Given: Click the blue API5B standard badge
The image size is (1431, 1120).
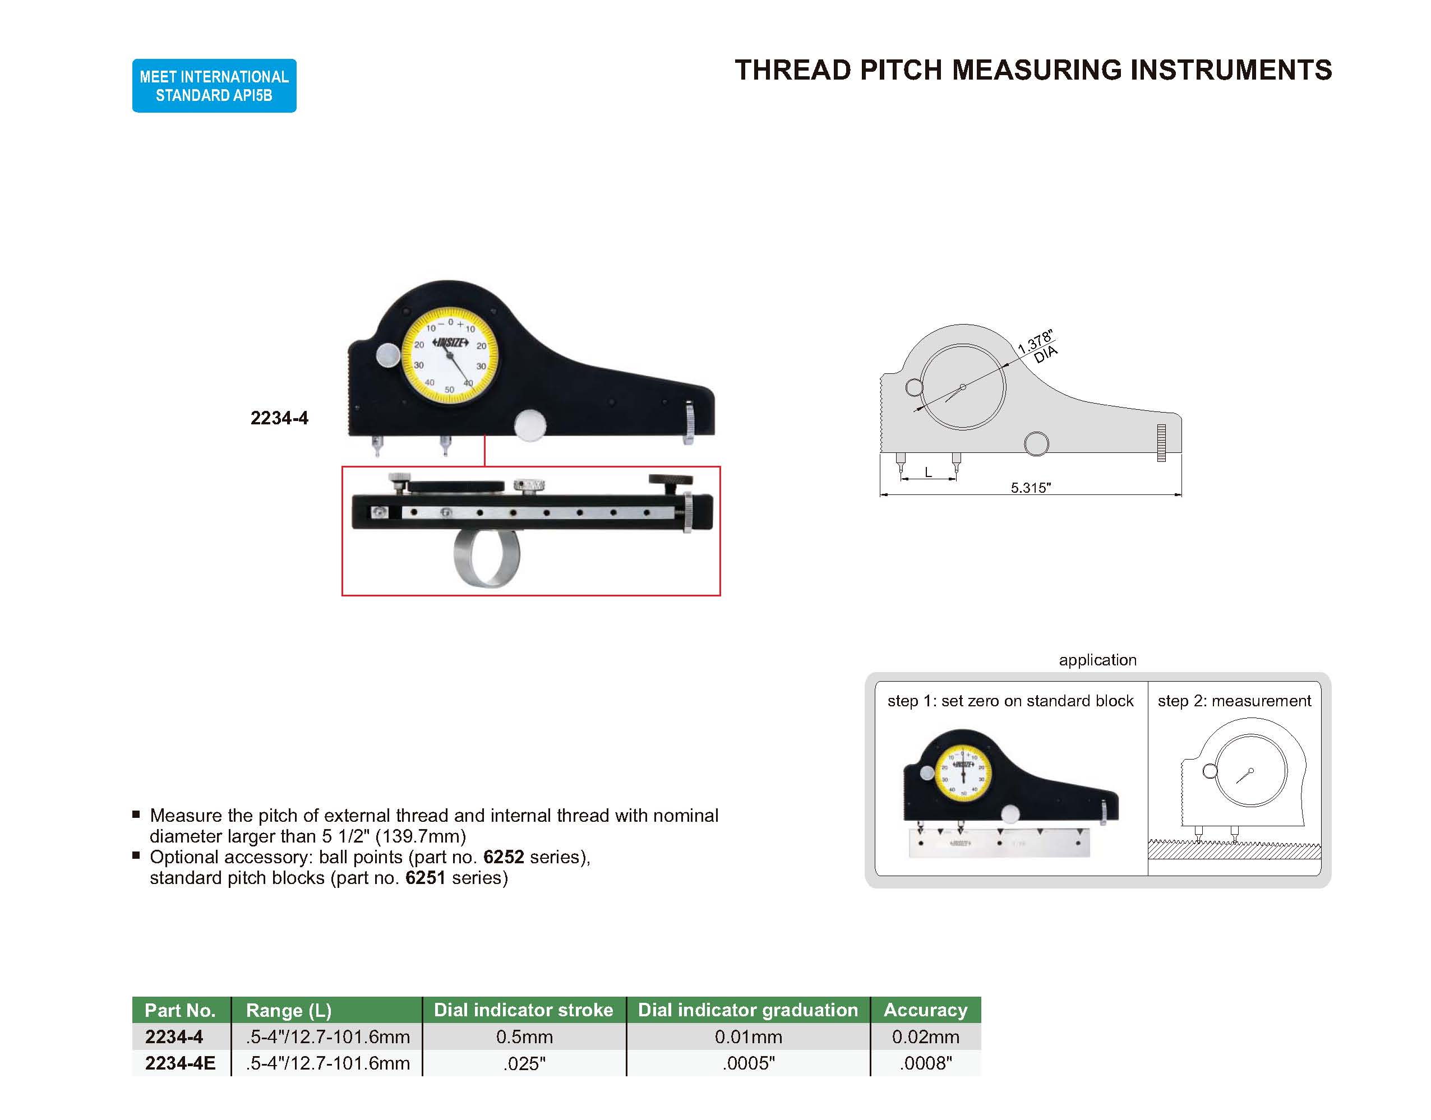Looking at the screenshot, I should [214, 86].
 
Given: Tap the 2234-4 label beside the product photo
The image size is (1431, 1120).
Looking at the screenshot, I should [279, 418].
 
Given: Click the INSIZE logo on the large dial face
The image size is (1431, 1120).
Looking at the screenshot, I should [450, 343].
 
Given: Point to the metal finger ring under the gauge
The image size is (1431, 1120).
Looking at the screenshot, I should [486, 559].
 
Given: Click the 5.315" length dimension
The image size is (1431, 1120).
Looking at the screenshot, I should [1030, 488].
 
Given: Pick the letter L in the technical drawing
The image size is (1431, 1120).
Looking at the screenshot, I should [928, 472].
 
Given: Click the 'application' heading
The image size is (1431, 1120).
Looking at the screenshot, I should [1097, 660].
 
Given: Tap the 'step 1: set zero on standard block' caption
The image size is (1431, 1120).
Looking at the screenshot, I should [1010, 701].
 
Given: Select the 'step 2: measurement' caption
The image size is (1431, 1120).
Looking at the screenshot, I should [1234, 701].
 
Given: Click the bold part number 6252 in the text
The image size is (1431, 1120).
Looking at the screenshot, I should [503, 857].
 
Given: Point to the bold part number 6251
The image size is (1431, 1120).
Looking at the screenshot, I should [425, 878].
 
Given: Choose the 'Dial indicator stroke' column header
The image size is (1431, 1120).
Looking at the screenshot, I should [523, 1010].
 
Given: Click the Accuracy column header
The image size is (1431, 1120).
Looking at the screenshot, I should [925, 1010].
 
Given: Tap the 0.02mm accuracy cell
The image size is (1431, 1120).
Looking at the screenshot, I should [925, 1036].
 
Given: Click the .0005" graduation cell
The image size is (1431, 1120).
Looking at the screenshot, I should [748, 1063].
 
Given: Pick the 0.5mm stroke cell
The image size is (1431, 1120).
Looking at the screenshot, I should [524, 1036].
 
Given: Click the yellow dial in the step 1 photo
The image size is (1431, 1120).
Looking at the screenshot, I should [963, 773].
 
